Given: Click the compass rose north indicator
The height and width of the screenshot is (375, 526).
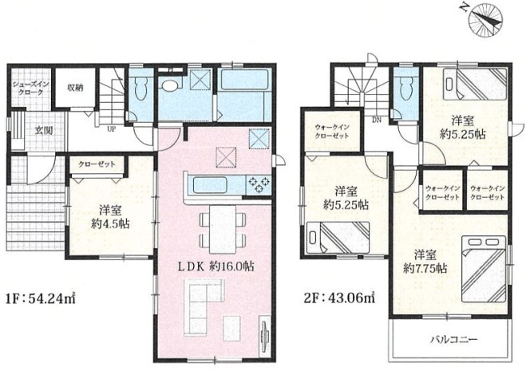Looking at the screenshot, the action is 487,20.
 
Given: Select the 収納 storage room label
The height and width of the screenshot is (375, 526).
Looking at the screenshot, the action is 76,89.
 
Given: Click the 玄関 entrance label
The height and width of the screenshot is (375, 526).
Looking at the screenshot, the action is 44,130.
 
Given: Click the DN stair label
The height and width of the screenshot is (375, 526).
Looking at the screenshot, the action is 377,120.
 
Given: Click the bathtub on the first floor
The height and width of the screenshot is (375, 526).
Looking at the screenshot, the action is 244,80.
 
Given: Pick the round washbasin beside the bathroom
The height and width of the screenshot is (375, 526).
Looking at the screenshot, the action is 170,85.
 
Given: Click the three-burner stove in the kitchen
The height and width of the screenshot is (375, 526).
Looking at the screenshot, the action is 259,185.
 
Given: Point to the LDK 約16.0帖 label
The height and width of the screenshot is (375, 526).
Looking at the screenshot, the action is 216,266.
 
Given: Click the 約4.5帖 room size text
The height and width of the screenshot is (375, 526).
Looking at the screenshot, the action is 110,223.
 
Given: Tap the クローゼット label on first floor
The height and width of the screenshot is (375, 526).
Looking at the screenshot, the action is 97,164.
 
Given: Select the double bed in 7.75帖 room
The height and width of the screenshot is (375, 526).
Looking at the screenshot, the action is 484,269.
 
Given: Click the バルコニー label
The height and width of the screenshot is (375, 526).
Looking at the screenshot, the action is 454,340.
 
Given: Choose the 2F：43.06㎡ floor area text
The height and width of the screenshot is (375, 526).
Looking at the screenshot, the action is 339,298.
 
